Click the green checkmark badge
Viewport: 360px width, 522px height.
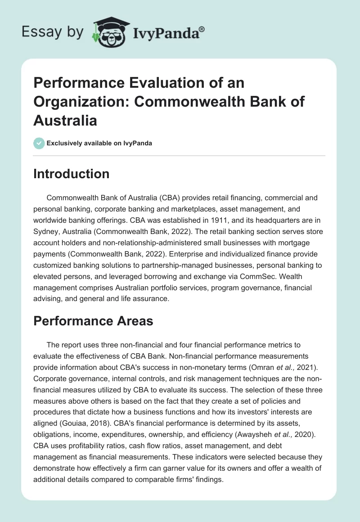pos(39,143)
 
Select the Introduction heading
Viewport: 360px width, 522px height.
pos(71,174)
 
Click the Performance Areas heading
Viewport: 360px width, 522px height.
pos(93,321)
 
